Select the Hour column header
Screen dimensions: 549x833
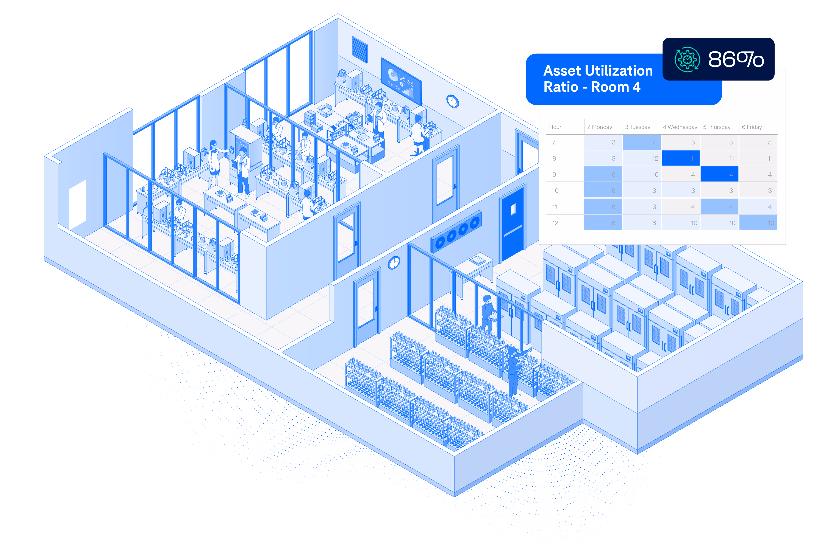point(555,127)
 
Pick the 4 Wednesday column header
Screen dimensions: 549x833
point(680,127)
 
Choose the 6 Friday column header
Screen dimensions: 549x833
point(752,127)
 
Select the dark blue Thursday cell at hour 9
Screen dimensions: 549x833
point(719,174)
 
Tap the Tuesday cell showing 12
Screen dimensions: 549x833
point(642,158)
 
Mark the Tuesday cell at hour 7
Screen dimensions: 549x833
point(642,142)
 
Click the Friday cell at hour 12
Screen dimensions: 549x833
point(758,223)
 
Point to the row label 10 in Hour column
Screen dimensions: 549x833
point(555,191)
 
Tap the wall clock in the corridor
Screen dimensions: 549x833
point(394,262)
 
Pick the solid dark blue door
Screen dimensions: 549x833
point(512,224)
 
